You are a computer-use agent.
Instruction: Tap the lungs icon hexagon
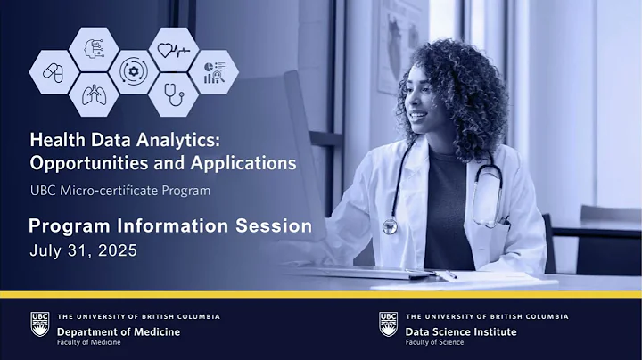pyautogui.click(x=92, y=92)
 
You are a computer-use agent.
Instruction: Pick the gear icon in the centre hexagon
pyautogui.click(x=132, y=70)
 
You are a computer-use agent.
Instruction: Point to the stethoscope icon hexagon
pyautogui.click(x=171, y=93)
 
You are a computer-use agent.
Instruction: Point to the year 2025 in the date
pyautogui.click(x=119, y=250)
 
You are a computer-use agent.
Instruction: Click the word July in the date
pyautogui.click(x=47, y=250)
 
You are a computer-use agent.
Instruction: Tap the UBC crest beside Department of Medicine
pyautogui.click(x=39, y=324)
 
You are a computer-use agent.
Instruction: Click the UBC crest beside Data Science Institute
pyautogui.click(x=388, y=324)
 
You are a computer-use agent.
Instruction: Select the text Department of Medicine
pyautogui.click(x=118, y=331)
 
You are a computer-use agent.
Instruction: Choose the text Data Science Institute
pyautogui.click(x=461, y=331)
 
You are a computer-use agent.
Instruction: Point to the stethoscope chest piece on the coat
pyautogui.click(x=391, y=226)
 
